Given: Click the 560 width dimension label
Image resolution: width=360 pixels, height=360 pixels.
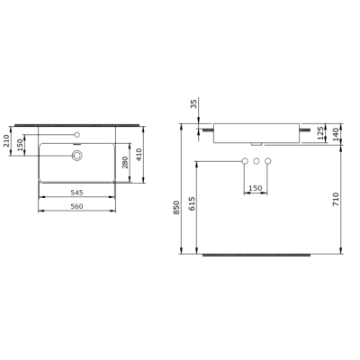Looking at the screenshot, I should [76, 204].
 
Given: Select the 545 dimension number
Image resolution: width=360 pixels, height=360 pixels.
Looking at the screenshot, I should [76, 191].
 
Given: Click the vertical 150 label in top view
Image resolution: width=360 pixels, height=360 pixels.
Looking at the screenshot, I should [20, 147].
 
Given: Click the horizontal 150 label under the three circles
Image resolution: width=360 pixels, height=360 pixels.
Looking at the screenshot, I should [256, 188].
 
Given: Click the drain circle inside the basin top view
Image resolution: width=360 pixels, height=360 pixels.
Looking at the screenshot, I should [77, 155].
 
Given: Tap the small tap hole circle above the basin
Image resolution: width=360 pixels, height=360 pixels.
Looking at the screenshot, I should [77, 135].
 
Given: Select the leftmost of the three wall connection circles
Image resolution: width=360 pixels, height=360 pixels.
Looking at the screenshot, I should [244, 162].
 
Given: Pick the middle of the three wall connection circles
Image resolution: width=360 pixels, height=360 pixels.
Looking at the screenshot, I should [256, 162].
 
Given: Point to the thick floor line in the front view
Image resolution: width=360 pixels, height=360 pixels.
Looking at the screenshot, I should [256, 256].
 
